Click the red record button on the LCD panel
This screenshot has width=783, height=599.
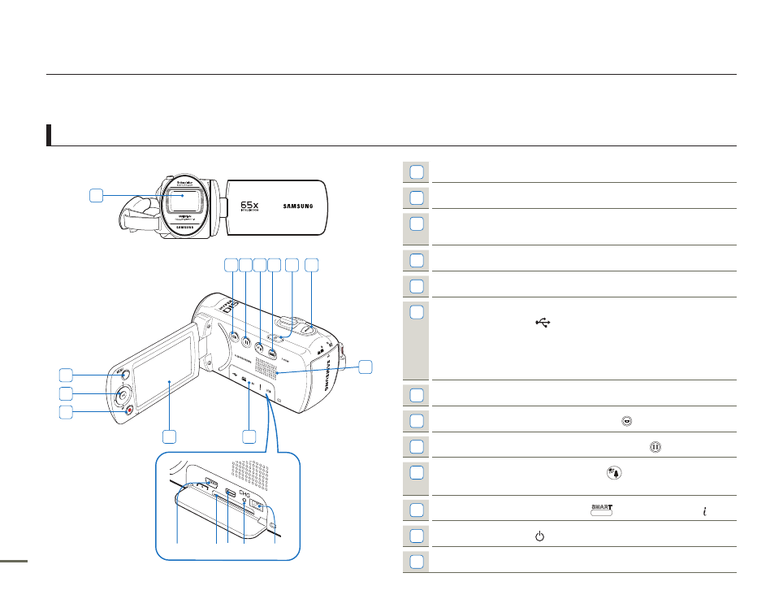click(x=128, y=410)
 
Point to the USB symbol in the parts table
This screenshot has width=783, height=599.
click(x=543, y=323)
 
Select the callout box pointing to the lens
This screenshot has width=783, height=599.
click(x=97, y=195)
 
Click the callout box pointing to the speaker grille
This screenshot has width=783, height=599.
click(x=366, y=367)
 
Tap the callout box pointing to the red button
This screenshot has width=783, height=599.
click(x=67, y=412)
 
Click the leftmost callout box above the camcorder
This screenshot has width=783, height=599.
click(x=231, y=265)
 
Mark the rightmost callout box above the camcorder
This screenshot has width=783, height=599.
click(x=312, y=265)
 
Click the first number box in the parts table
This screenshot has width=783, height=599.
click(x=417, y=171)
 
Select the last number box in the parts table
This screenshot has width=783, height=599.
click(x=417, y=562)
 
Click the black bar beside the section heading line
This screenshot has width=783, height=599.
click(x=50, y=135)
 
